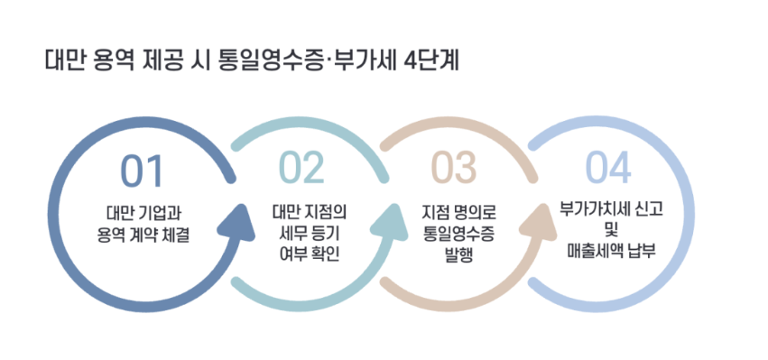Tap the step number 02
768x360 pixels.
(301, 168)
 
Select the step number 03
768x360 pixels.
(453, 168)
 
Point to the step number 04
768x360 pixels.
(608, 168)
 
